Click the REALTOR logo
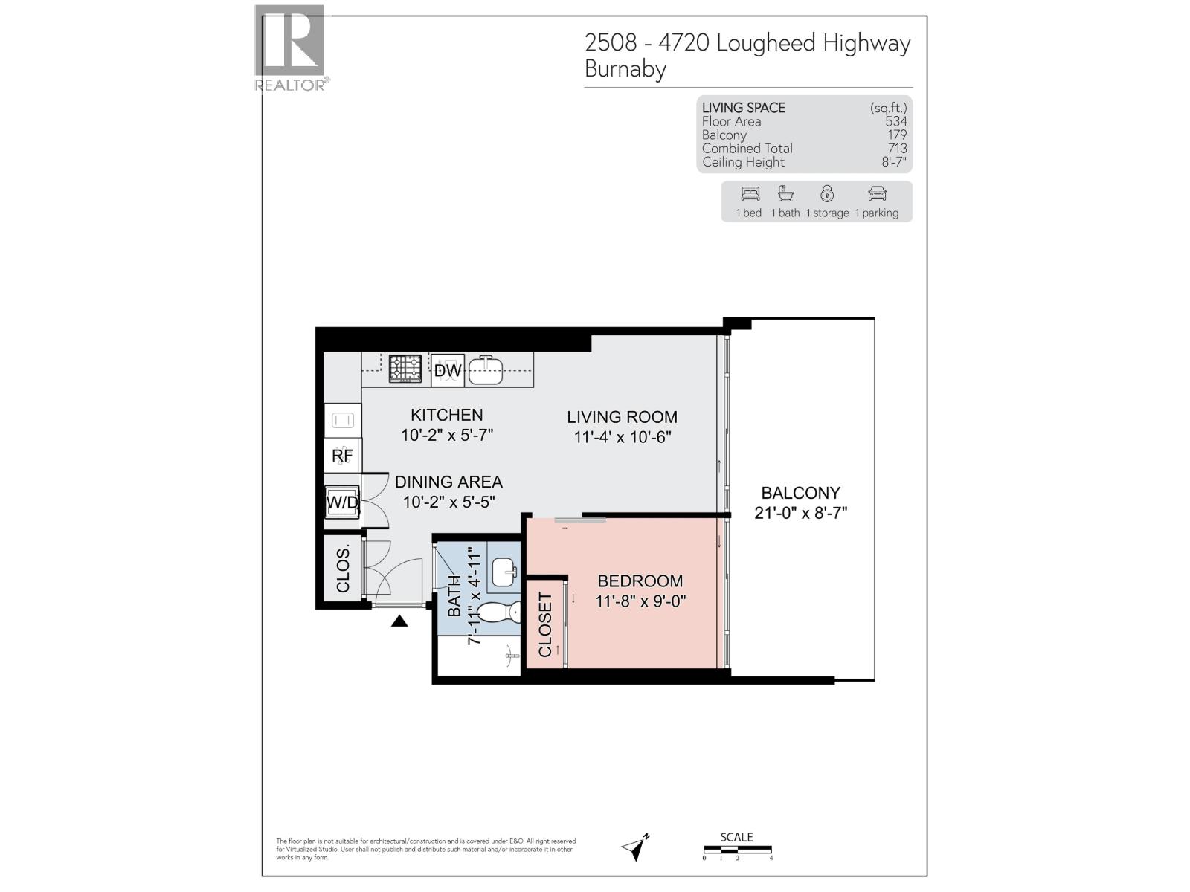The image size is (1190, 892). pos(290,49)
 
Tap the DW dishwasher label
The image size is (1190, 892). pos(448,370)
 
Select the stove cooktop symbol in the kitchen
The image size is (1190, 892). pos(405,369)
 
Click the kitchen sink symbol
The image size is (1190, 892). pos(486,369)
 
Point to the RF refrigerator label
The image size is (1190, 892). pos(342,455)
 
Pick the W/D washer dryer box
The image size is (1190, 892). pos(342,503)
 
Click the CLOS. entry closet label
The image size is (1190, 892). pos(343,569)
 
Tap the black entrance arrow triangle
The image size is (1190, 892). pos(399,621)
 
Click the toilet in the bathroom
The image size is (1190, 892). pos(498,613)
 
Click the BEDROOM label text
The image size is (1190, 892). pos(640,581)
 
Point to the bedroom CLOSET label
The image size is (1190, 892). pos(545,624)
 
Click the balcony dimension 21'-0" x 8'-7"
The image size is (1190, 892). pos(800,513)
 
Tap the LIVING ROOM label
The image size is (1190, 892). pos(622,417)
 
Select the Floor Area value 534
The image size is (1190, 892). pos(895,121)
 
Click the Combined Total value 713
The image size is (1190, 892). pos(896,149)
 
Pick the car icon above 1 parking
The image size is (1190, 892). pos(877,194)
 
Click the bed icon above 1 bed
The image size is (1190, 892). pos(750,194)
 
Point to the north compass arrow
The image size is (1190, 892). pos(635,847)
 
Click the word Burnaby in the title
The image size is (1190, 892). pos(625,69)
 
